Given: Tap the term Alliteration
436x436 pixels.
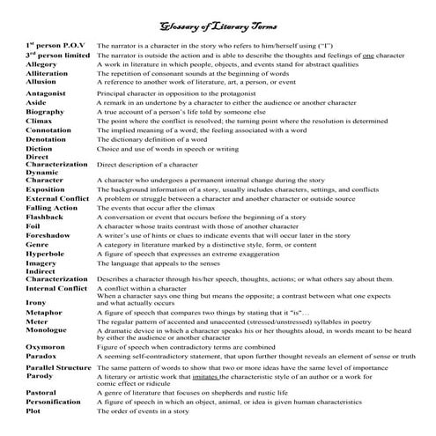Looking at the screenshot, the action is (46, 73).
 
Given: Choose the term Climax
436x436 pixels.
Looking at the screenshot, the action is (39, 122).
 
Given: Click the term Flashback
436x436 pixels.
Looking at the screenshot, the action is (44, 216).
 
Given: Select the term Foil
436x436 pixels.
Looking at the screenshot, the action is (33, 225).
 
